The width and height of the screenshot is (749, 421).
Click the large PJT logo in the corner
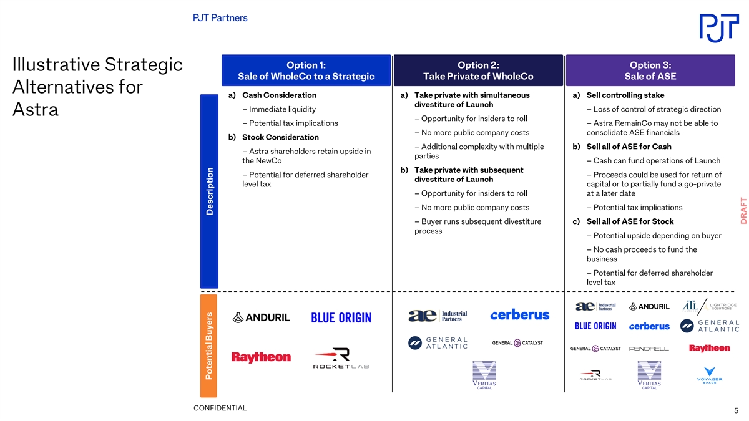coord(719,28)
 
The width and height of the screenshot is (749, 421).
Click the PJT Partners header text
coord(220,17)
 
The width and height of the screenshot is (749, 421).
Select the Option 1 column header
coord(306,70)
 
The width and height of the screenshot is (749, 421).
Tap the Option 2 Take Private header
coord(478,70)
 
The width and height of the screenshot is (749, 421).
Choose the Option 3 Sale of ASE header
coord(650,70)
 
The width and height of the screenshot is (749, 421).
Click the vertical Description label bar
coord(209,191)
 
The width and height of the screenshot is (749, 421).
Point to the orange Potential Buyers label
coord(208,346)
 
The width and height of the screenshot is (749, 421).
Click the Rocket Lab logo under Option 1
coord(341,358)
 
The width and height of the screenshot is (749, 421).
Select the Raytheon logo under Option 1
coord(261,357)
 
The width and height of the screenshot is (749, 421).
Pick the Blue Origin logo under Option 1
coord(341,317)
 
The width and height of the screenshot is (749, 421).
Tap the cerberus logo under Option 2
coord(519,315)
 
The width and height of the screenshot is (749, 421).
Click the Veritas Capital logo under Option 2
coord(484,375)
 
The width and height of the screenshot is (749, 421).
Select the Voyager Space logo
coord(709,375)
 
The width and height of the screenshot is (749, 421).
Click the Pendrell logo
coord(649,349)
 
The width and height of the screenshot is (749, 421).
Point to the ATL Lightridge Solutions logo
coord(710,306)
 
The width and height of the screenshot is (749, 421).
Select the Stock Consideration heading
coord(280,137)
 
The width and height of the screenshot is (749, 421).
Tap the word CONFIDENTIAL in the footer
coord(220,408)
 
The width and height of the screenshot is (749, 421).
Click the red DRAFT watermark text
coord(743,211)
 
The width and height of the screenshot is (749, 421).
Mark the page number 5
coord(736,410)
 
